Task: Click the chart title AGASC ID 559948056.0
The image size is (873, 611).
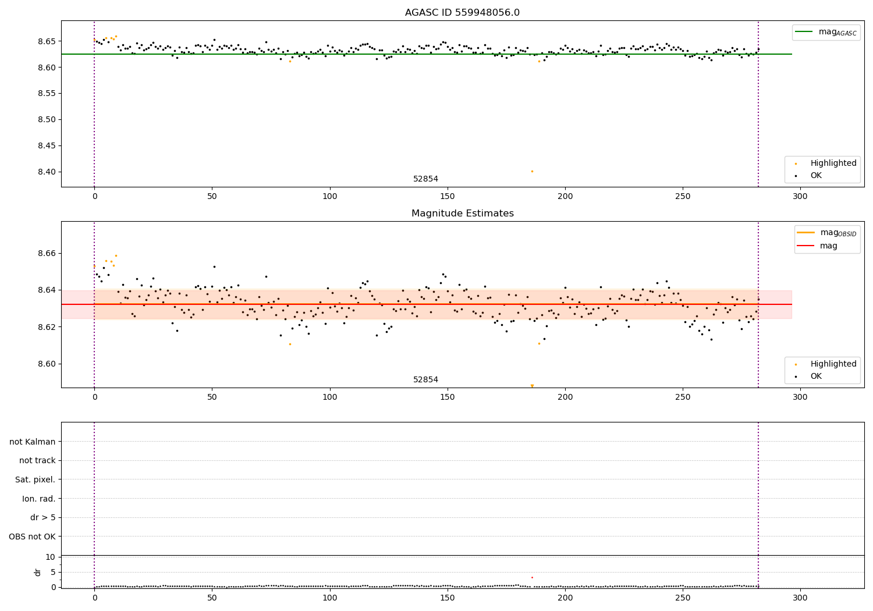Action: click(x=462, y=13)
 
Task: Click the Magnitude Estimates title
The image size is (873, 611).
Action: click(x=462, y=214)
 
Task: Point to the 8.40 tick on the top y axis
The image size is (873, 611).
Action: click(x=47, y=172)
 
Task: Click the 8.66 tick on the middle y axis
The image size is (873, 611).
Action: click(x=47, y=253)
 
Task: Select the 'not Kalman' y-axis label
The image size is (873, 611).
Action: click(x=32, y=442)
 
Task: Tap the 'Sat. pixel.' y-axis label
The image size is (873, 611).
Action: click(x=35, y=479)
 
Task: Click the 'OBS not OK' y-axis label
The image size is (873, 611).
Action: click(x=32, y=537)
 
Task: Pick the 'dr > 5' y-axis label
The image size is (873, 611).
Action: click(x=42, y=517)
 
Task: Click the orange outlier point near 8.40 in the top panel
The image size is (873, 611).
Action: click(x=532, y=171)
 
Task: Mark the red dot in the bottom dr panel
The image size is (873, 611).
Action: click(x=532, y=577)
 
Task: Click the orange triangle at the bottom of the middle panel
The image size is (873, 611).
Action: click(x=532, y=385)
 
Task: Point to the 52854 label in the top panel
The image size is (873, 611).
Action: click(x=425, y=179)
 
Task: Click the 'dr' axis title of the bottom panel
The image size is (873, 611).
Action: click(x=38, y=572)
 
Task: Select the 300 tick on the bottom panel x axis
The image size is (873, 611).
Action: click(x=800, y=598)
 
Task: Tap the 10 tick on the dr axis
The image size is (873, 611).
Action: click(x=51, y=557)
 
